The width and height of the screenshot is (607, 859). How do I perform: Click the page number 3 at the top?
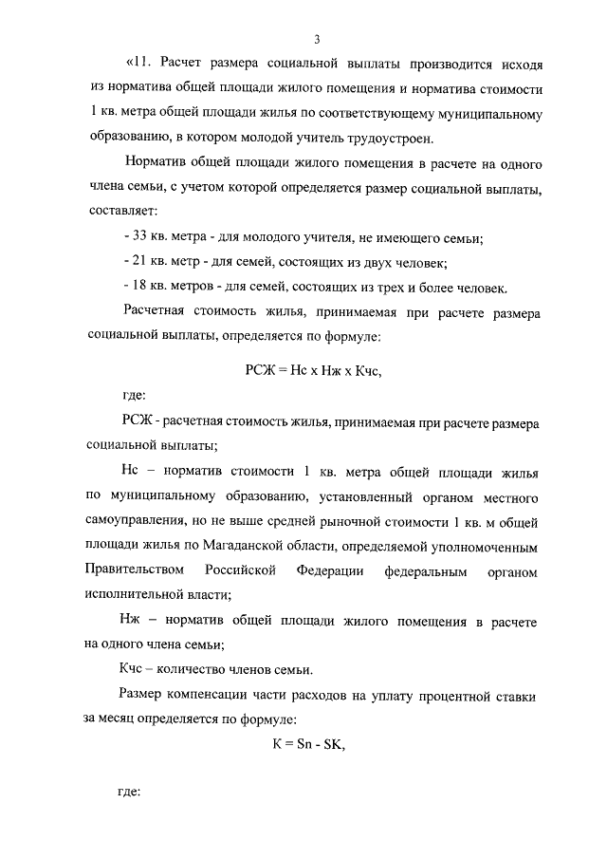(317, 38)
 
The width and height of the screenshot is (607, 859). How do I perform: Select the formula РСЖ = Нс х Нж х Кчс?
(312, 371)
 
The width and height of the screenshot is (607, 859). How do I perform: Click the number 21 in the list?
(139, 262)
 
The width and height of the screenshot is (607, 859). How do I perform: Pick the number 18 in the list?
(139, 288)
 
